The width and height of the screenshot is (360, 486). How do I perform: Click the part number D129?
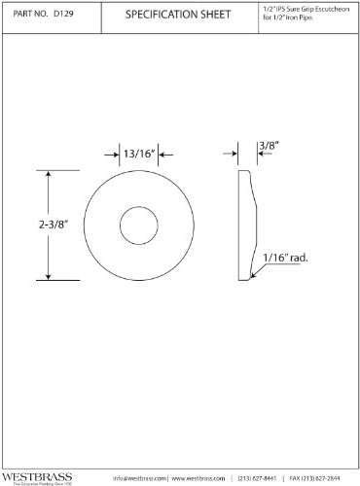click(63, 16)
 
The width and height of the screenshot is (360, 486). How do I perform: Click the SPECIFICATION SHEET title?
click(178, 16)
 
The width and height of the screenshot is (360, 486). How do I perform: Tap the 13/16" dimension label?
click(136, 152)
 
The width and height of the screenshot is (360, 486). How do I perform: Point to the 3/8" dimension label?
click(268, 147)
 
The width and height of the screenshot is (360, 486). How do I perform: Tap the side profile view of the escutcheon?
click(246, 225)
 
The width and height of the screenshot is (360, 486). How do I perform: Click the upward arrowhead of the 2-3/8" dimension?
click(50, 174)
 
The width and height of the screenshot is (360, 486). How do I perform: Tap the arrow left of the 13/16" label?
click(110, 152)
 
